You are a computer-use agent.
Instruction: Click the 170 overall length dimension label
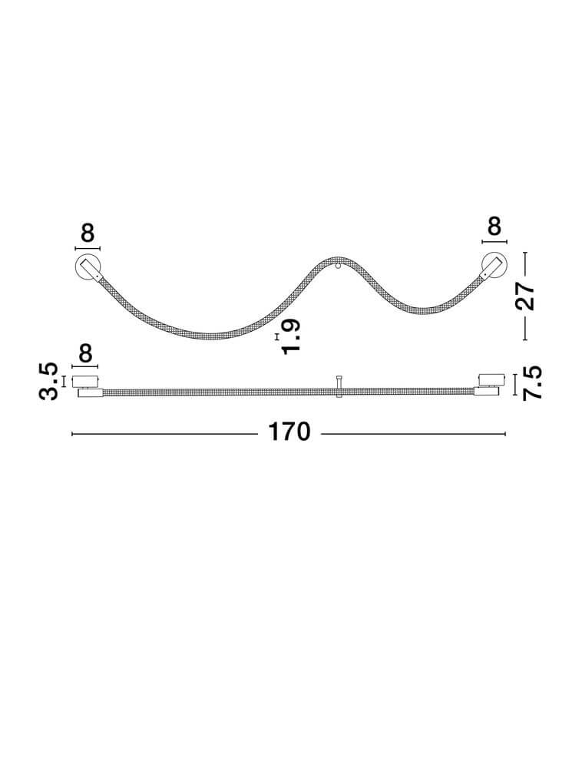(289, 432)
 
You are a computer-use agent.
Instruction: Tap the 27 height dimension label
(525, 296)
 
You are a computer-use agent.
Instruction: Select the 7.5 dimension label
(532, 383)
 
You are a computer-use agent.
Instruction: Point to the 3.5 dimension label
(48, 381)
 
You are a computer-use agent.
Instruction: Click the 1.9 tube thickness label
(291, 336)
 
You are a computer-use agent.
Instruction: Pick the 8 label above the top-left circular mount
(87, 233)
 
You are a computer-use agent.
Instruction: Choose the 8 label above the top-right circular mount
(494, 227)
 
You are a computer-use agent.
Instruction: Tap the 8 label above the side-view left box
(85, 353)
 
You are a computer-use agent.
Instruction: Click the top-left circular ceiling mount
(88, 268)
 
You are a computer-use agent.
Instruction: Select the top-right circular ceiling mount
(494, 265)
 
